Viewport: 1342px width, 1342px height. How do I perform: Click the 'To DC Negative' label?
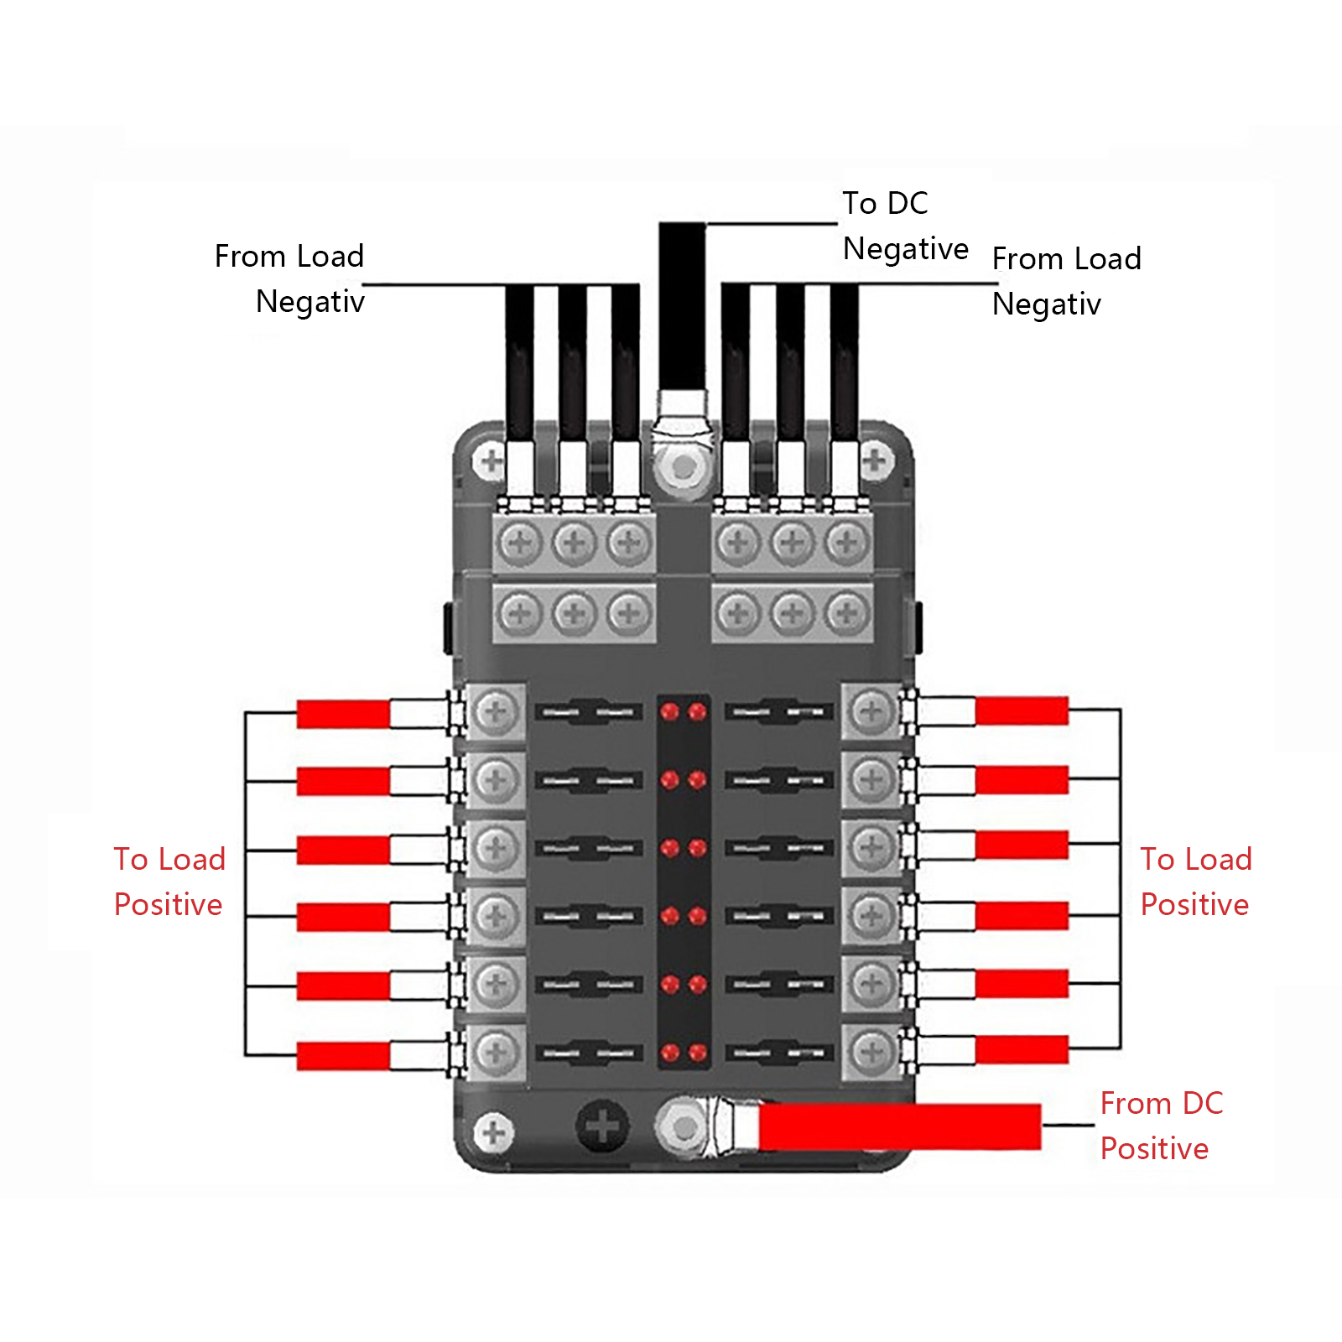906,226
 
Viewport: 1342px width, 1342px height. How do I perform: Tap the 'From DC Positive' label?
1162,1126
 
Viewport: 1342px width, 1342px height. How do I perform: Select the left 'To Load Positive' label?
170,882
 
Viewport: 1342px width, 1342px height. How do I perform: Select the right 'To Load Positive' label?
1196,882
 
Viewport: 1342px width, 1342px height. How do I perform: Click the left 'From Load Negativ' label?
289,278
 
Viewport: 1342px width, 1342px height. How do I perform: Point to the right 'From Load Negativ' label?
1067,281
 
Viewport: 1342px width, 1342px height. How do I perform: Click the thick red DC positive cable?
899,1126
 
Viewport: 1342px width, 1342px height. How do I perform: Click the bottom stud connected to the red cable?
684,1128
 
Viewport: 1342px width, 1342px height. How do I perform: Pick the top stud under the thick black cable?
684,467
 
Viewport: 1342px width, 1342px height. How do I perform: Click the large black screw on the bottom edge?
602,1126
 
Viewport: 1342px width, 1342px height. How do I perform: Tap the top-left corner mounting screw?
491,460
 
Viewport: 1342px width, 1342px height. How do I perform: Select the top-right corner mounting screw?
875,460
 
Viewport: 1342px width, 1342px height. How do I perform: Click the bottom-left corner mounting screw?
493,1133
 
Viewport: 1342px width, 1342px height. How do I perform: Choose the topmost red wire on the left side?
343,714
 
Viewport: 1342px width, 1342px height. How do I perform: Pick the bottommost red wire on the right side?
1022,1049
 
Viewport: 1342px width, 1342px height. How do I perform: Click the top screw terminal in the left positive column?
496,712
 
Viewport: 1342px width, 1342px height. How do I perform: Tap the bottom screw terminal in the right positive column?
872,1051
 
